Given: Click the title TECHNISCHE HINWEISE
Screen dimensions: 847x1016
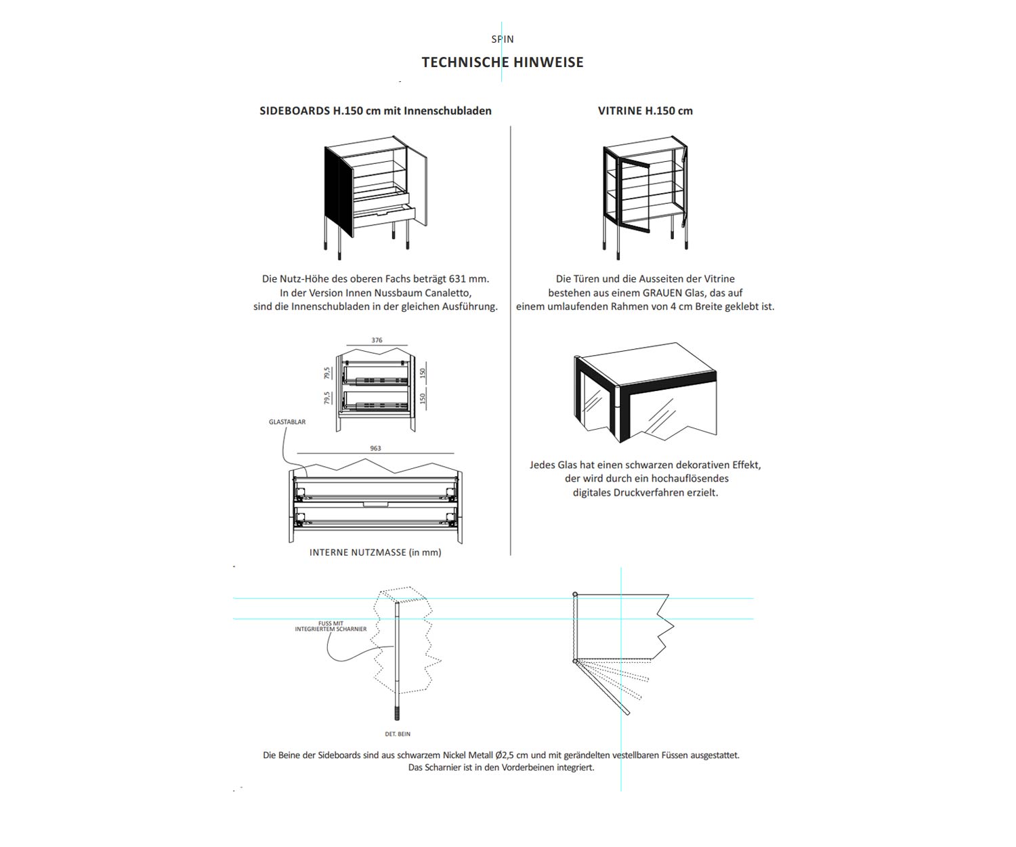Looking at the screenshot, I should [502, 62].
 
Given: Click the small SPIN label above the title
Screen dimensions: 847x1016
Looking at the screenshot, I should [503, 39].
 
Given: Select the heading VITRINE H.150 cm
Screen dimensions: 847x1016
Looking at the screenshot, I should [645, 110].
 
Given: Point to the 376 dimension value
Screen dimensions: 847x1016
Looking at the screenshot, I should [377, 340].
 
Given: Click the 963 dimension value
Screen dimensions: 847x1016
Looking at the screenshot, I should [375, 448].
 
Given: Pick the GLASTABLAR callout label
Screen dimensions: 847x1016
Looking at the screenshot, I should [287, 422].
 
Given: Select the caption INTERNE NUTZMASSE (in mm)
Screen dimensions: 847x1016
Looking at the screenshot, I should [375, 552].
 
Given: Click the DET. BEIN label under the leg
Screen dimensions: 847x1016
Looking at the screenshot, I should [398, 734].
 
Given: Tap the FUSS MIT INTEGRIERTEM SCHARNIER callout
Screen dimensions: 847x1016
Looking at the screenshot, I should [331, 626].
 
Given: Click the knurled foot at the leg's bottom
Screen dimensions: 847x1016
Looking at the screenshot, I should [398, 714].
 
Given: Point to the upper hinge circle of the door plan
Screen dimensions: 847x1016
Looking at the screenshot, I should [575, 594].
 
